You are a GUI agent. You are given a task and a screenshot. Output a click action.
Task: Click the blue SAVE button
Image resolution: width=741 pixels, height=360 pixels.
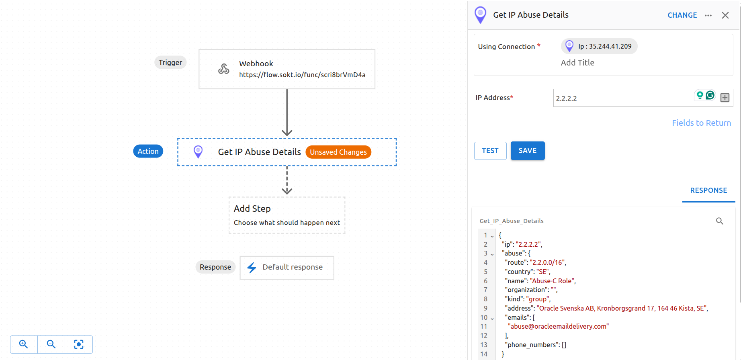pyautogui.click(x=527, y=151)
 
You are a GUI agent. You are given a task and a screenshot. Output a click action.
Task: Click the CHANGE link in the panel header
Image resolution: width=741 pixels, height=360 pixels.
pyautogui.click(x=682, y=15)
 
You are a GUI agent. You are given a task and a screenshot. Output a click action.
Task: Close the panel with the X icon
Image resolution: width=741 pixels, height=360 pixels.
pyautogui.click(x=725, y=15)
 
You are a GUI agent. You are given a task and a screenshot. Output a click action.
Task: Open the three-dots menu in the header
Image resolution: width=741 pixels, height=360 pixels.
pyautogui.click(x=708, y=15)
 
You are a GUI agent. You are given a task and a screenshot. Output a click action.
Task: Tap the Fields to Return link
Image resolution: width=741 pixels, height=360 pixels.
pyautogui.click(x=701, y=123)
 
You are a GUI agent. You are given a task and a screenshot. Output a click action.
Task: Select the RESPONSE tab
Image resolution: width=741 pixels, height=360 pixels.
pyautogui.click(x=708, y=190)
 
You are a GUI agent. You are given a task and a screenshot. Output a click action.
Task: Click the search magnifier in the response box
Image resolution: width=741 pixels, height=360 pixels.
pyautogui.click(x=719, y=221)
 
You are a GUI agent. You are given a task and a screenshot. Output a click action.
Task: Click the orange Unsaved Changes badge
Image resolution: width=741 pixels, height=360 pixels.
pyautogui.click(x=338, y=152)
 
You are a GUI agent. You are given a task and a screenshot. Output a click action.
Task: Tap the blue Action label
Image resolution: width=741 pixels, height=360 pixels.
pyautogui.click(x=148, y=151)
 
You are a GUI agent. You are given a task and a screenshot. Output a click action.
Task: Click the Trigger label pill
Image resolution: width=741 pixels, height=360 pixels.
pyautogui.click(x=170, y=63)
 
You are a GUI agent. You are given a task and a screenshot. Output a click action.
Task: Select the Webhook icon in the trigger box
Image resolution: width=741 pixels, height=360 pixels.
pyautogui.click(x=224, y=69)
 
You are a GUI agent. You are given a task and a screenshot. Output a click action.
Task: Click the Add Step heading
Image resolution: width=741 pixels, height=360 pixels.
pyautogui.click(x=252, y=209)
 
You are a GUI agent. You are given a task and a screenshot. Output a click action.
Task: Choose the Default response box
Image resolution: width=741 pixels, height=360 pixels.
pyautogui.click(x=287, y=268)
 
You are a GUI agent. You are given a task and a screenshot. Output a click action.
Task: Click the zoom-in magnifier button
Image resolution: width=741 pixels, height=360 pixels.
pyautogui.click(x=24, y=344)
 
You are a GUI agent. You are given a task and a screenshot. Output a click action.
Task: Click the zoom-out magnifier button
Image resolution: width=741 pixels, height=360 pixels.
pyautogui.click(x=51, y=344)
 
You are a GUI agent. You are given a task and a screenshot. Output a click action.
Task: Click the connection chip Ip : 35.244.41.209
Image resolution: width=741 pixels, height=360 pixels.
pyautogui.click(x=599, y=46)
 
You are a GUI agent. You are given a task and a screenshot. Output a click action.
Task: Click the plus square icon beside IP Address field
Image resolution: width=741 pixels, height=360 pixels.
pyautogui.click(x=725, y=98)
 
